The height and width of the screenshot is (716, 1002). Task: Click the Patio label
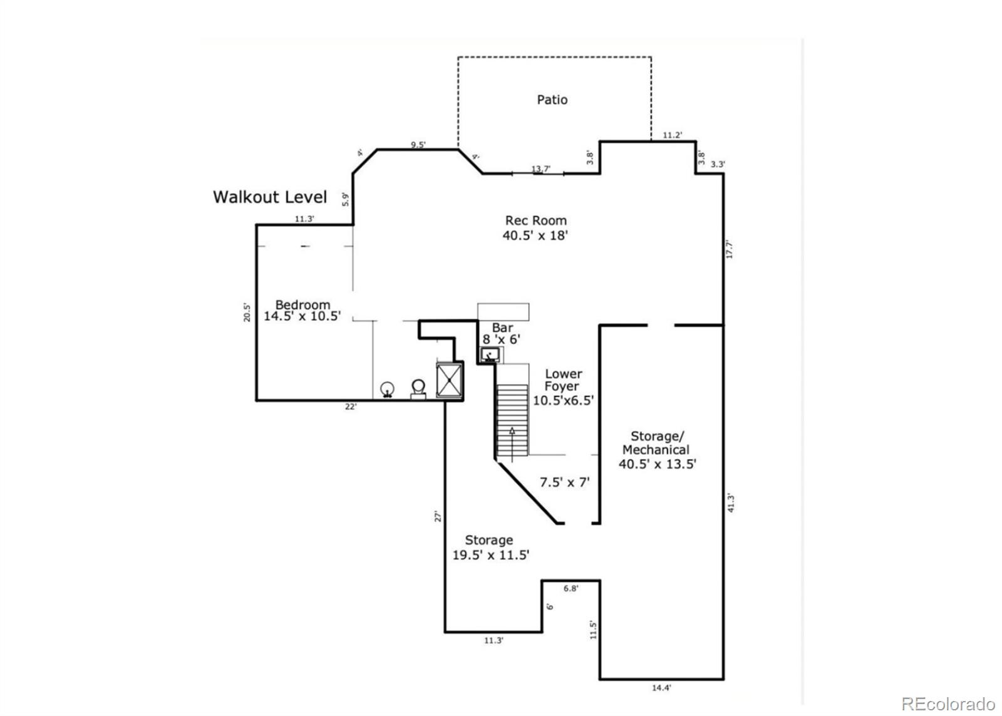[552, 100]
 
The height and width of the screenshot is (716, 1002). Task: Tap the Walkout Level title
[270, 197]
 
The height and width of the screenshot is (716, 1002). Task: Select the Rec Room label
[535, 228]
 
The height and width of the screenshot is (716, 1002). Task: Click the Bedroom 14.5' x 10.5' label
[302, 311]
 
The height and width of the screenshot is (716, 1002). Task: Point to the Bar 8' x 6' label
[502, 333]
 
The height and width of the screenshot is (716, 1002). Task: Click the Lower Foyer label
[563, 387]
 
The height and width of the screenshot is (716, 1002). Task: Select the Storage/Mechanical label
[657, 450]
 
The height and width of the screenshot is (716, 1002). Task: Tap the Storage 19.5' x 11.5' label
[490, 547]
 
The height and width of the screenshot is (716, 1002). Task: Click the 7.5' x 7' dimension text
[565, 482]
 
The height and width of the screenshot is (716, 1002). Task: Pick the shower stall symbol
[449, 381]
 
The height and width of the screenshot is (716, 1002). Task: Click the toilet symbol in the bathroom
[418, 389]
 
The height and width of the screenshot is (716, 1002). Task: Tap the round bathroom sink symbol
[388, 390]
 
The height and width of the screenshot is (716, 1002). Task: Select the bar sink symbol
[490, 355]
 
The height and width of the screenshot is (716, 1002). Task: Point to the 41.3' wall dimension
[731, 503]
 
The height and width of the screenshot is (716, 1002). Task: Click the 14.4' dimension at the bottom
[661, 688]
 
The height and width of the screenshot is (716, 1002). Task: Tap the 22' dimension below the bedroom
[351, 407]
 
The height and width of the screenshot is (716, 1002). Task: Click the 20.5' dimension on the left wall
[247, 313]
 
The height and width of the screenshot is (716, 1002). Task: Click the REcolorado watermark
[948, 703]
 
